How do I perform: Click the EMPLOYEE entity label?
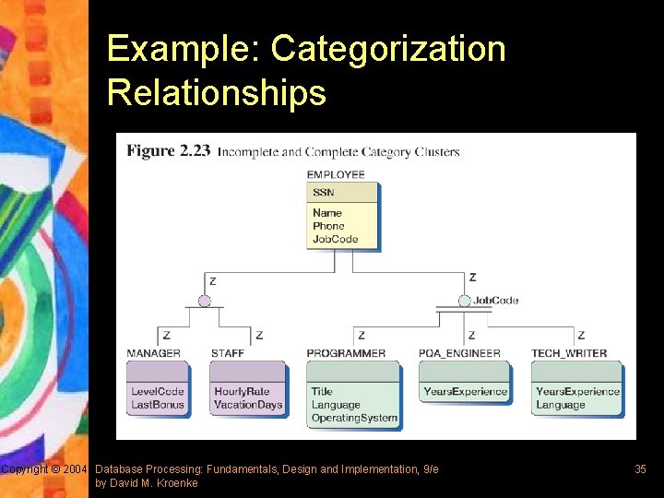coord(336,174)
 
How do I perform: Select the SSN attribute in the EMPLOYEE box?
coord(323,193)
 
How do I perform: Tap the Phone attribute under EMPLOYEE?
coord(328,226)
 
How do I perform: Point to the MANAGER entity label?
coord(154,353)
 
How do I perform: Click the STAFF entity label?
coord(228,353)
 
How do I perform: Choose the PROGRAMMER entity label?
coord(346,353)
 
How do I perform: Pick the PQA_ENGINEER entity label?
coord(459,353)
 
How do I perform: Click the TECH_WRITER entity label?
coord(569,353)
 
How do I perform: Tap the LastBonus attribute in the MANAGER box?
coord(158,405)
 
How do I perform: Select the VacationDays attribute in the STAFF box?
coord(248,405)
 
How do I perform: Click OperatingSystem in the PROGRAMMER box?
coord(354,418)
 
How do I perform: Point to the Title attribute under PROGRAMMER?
coord(322,391)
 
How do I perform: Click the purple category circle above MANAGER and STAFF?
coord(205,301)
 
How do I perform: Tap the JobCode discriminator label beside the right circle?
coord(495,300)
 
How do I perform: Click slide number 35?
coord(640,469)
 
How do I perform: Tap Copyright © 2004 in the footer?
coord(44,469)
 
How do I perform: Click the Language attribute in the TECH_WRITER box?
coord(560,405)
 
